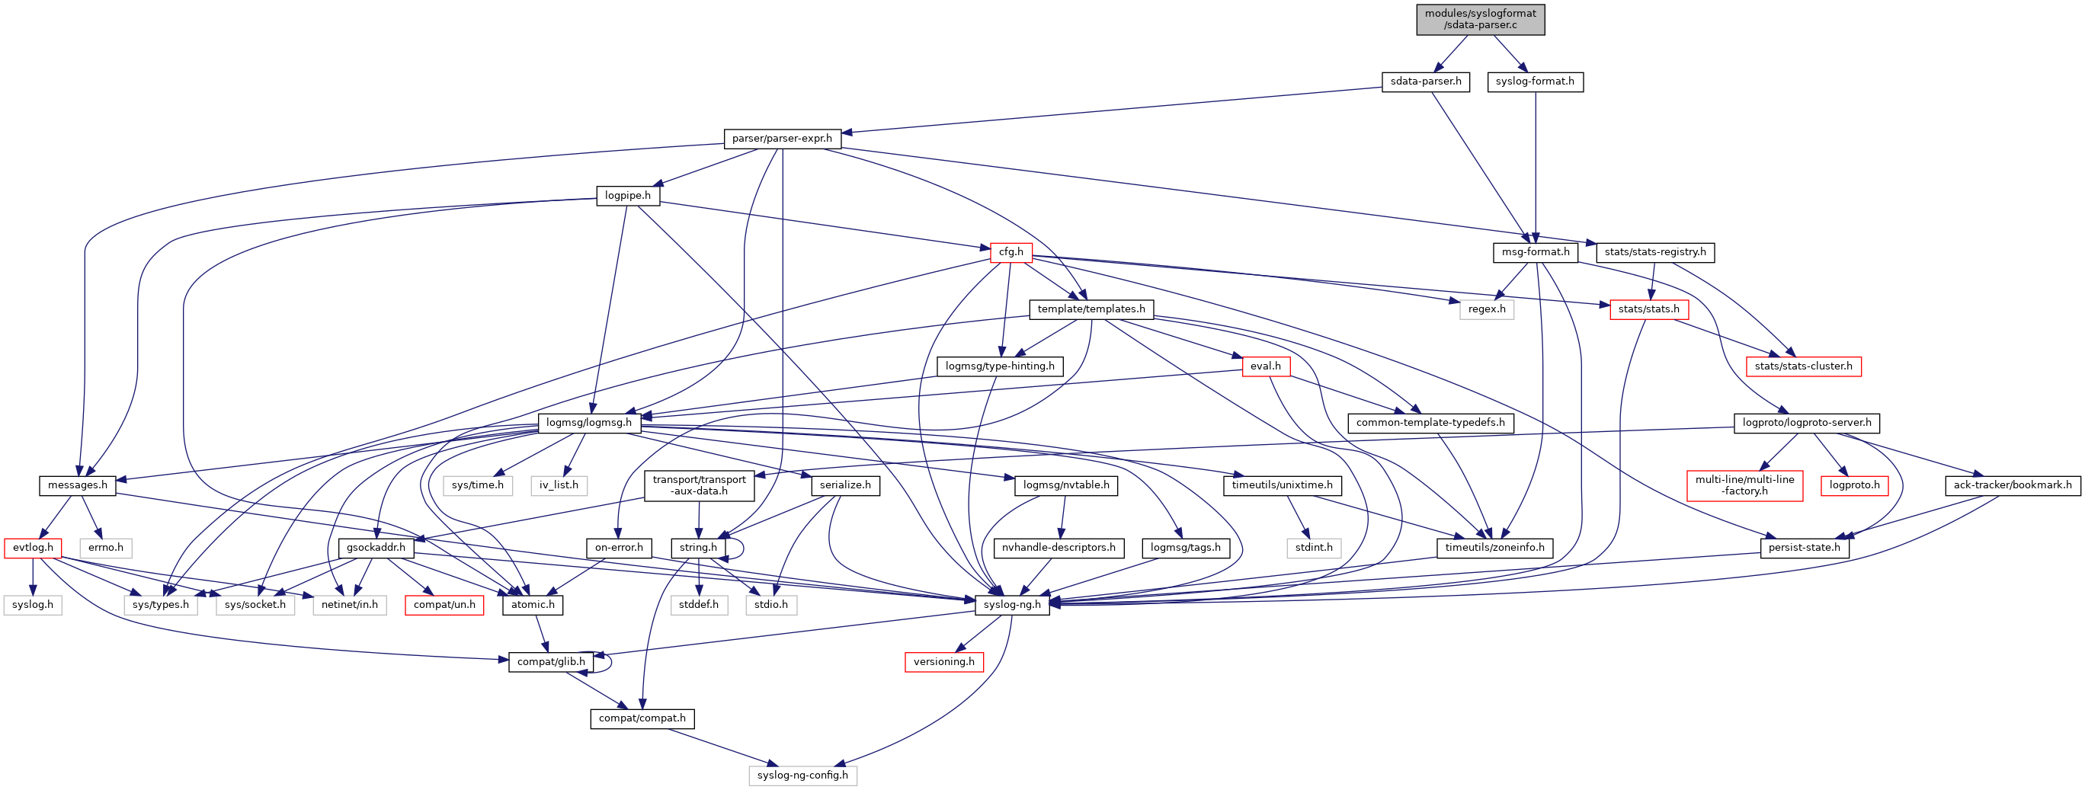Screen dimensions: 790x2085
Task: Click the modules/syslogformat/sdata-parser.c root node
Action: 1480,20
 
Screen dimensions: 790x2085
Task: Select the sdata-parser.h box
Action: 1425,82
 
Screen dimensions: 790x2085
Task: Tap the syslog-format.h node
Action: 1535,82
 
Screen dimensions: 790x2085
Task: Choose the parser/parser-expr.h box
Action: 782,139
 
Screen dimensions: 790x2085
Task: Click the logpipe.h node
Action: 627,196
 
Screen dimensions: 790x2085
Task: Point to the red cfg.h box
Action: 1011,253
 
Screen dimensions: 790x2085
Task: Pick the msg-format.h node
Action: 1535,253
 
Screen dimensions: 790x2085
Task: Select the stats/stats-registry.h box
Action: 1654,253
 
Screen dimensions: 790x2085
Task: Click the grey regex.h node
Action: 1486,309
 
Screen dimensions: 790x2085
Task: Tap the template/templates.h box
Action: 1091,309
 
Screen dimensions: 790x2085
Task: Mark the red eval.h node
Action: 1265,366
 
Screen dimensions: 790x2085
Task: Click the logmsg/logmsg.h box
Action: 589,423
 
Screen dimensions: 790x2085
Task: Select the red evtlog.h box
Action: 32,548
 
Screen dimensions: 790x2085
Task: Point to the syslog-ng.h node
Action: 1012,605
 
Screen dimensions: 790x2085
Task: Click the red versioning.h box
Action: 943,662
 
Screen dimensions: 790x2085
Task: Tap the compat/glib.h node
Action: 551,662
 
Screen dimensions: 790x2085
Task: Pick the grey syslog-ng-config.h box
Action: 802,776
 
